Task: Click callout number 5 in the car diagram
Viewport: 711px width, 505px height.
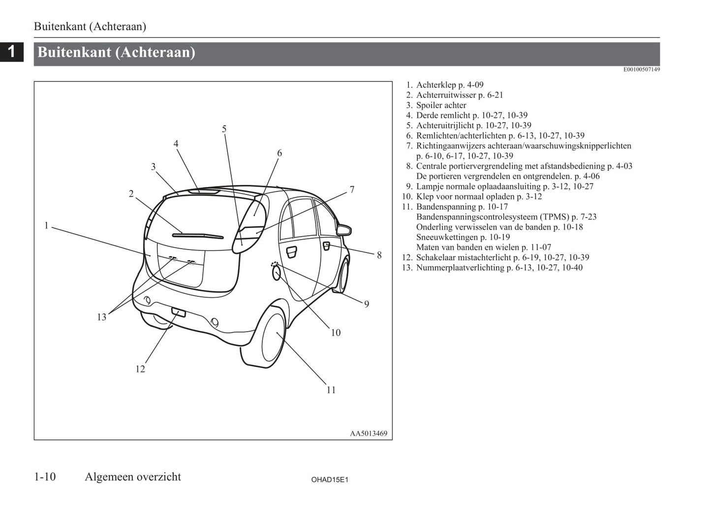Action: pos(224,129)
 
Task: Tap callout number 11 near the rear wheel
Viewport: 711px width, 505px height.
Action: pos(331,390)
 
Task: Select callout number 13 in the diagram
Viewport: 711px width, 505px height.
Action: pos(101,317)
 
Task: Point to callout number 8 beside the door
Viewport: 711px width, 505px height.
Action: pos(379,255)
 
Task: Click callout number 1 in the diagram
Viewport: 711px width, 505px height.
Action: pos(47,226)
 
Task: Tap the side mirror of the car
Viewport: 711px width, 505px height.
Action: pos(344,229)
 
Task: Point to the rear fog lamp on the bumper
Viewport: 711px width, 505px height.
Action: pos(178,312)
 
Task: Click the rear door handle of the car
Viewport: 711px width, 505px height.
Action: pos(292,252)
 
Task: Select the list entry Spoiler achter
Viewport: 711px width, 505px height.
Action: pos(441,105)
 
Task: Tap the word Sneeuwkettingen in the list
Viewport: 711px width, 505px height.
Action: pos(447,237)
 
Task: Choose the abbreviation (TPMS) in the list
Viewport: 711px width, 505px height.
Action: pos(555,217)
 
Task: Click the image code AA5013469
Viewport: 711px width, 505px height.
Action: pos(369,434)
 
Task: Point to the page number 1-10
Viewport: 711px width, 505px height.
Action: pos(45,477)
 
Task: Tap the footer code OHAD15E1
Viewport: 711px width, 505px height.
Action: pos(330,479)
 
